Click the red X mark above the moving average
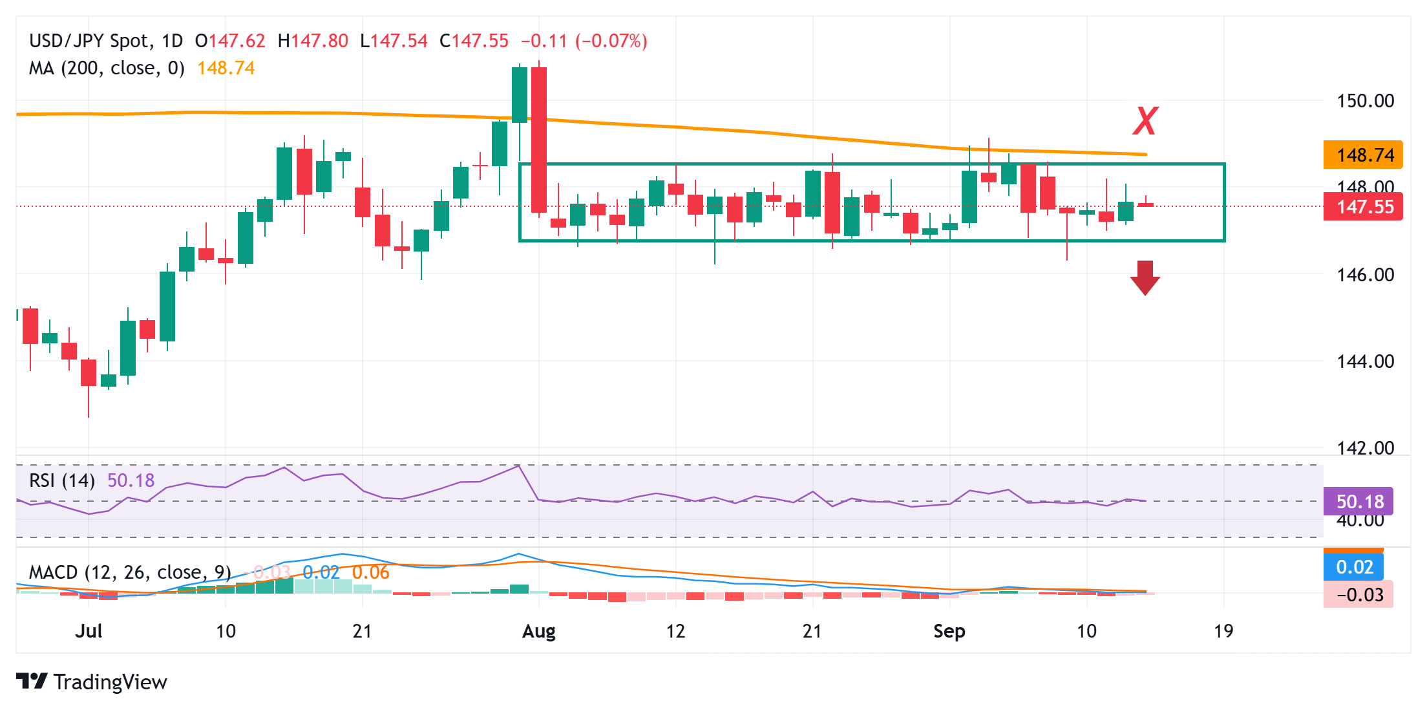point(1145,121)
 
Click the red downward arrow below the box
point(1145,277)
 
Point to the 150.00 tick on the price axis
point(1365,101)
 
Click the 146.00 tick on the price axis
point(1365,275)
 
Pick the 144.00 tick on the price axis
point(1365,361)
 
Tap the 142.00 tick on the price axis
point(1365,447)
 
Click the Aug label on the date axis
point(538,631)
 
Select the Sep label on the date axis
point(949,631)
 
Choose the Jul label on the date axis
point(89,631)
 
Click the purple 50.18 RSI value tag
point(1359,502)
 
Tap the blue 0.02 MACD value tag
point(1354,567)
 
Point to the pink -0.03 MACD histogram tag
point(1359,595)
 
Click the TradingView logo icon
point(32,682)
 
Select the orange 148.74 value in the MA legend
point(226,68)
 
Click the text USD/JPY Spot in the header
point(89,41)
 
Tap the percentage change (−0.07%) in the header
point(611,41)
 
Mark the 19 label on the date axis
point(1223,631)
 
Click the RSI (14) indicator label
point(62,480)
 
